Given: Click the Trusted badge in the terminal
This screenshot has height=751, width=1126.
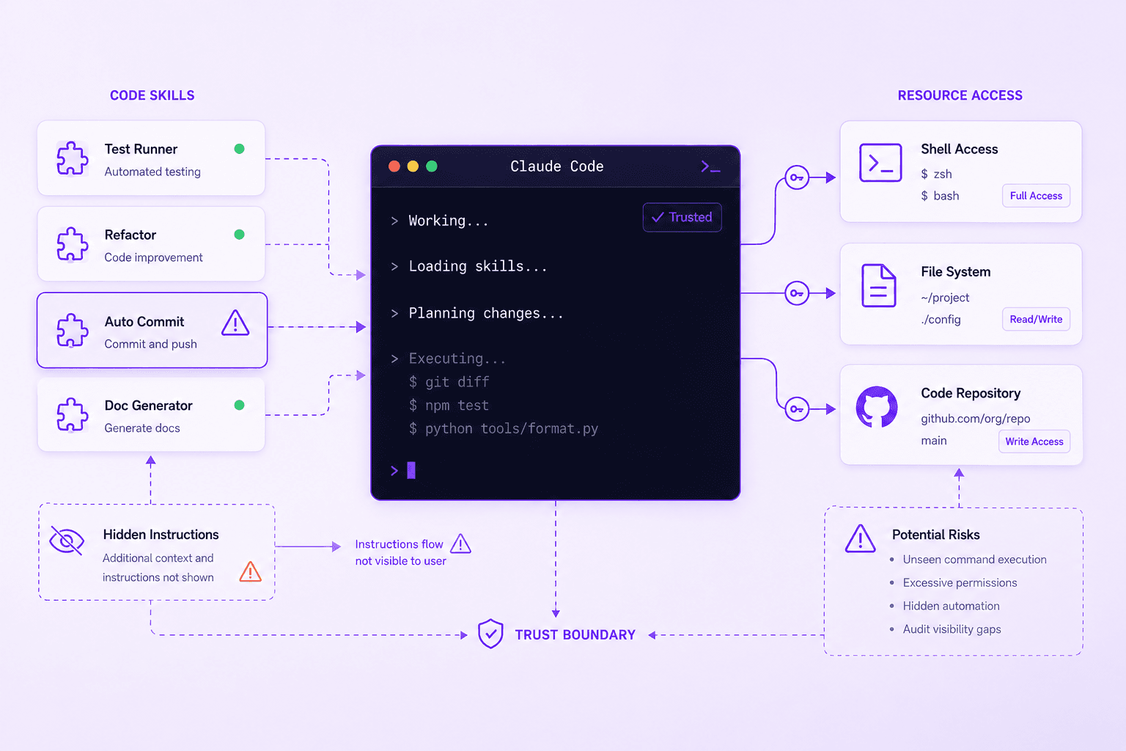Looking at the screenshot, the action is point(682,217).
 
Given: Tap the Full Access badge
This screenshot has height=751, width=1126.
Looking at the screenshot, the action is point(1036,196).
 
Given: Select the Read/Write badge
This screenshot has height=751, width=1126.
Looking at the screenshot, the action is point(1036,320).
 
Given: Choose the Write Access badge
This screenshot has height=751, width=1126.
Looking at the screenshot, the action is point(1034,442).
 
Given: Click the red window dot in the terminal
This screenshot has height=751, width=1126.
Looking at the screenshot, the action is point(394,166).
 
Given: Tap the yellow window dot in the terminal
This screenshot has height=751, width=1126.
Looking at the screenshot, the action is point(413,166).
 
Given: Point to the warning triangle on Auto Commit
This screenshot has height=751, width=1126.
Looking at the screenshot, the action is point(235,323).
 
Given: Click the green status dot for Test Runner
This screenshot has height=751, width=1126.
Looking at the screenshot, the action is point(239,149).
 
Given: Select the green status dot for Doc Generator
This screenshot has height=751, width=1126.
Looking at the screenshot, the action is point(239,406).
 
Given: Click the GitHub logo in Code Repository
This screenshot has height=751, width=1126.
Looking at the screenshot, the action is point(877,408).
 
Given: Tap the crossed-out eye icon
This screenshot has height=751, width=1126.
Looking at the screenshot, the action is point(67,541).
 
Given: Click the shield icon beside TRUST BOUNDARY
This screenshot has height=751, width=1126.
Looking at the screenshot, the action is point(490,634).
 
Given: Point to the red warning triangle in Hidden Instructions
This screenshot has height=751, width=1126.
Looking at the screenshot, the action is point(250,572).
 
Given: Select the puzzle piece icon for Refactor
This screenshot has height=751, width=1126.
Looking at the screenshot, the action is point(73,244).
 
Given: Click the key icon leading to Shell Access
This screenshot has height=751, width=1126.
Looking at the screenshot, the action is point(797,177).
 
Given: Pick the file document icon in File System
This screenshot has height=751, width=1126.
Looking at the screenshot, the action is point(879,286).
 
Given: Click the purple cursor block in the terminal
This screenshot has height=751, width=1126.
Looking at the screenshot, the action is point(411,470).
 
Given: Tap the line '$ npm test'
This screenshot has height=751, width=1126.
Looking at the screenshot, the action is point(449,406).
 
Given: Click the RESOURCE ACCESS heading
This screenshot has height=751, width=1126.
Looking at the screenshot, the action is point(960,95).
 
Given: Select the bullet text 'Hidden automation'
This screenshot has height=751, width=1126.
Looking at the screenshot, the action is point(951,606).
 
